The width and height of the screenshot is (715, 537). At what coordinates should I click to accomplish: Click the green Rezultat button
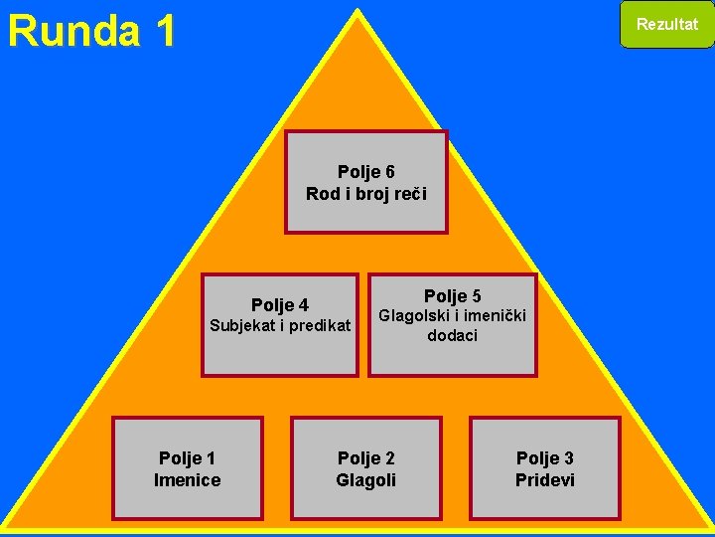click(x=666, y=25)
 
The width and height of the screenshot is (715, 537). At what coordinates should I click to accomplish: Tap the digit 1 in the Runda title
click(x=163, y=31)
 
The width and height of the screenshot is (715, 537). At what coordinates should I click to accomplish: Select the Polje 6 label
click(x=366, y=172)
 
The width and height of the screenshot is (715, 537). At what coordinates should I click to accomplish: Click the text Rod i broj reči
click(x=366, y=194)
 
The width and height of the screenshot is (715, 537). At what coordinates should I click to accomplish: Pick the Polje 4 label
click(x=280, y=304)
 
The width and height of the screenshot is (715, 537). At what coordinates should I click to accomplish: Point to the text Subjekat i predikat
click(x=280, y=325)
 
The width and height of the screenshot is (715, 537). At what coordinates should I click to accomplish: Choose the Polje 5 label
click(x=453, y=295)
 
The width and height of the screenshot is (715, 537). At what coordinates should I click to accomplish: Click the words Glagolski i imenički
click(x=453, y=316)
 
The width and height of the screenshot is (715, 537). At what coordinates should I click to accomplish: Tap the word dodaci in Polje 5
click(x=453, y=336)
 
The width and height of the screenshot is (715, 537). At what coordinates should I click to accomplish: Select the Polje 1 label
click(x=187, y=458)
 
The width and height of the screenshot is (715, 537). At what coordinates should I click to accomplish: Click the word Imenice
click(x=187, y=480)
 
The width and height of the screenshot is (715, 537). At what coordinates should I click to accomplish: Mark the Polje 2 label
click(x=366, y=458)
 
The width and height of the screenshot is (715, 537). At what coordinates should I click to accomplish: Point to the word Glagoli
click(x=366, y=480)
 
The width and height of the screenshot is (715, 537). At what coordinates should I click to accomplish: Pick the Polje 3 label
click(x=545, y=458)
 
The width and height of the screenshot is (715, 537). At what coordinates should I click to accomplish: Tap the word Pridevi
click(x=545, y=480)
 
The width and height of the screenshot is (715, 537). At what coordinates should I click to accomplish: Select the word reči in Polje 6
click(x=409, y=194)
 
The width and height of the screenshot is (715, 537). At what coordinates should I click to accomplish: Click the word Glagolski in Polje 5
click(x=413, y=316)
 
